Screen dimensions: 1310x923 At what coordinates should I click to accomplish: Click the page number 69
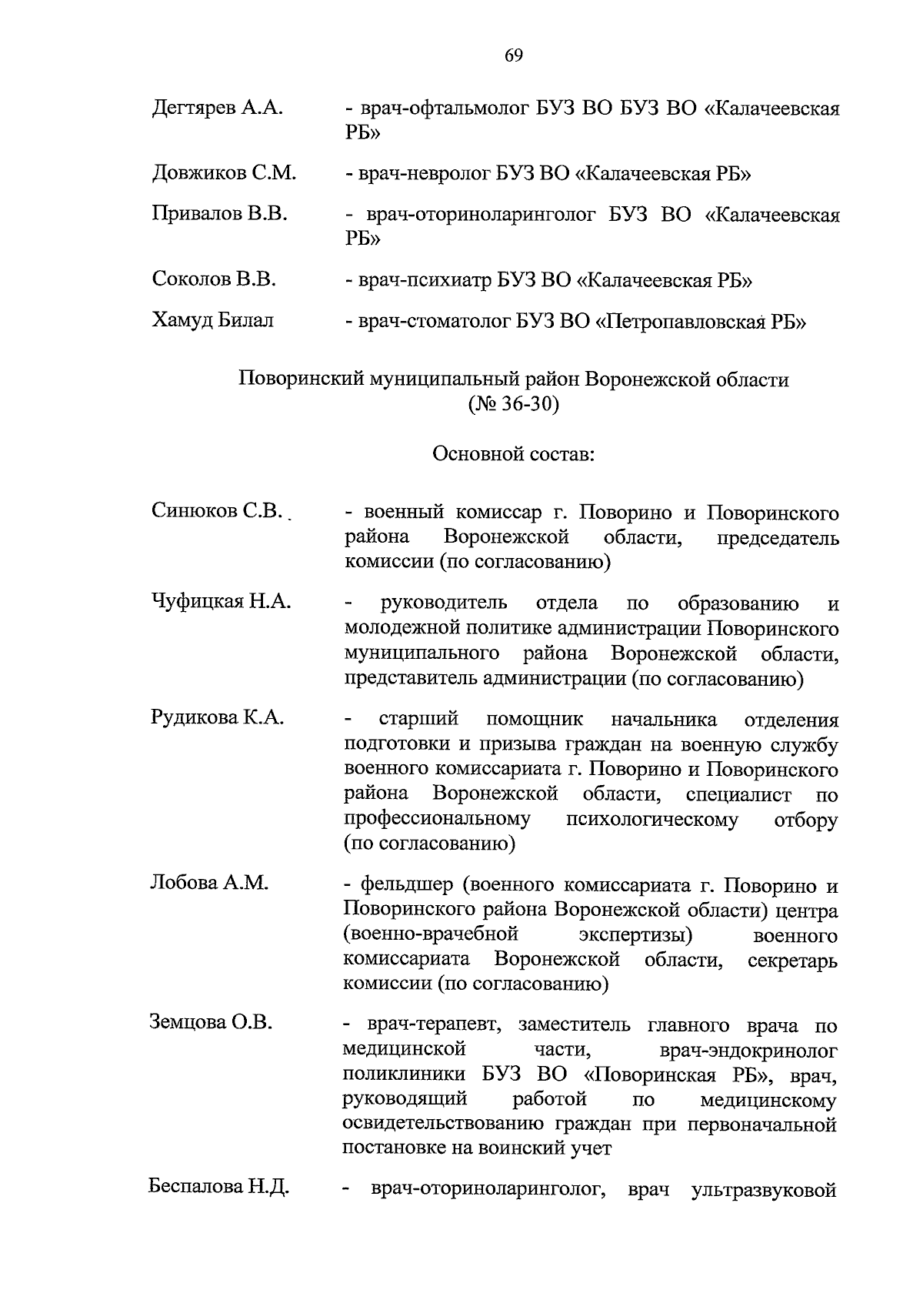[514, 55]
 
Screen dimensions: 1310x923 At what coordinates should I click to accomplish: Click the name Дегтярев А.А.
[218, 109]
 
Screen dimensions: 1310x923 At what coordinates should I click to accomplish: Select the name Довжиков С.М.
[224, 173]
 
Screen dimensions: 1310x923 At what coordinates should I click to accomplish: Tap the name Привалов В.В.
[219, 214]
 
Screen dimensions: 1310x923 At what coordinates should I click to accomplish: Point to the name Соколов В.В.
[214, 279]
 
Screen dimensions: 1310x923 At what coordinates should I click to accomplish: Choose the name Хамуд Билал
[212, 320]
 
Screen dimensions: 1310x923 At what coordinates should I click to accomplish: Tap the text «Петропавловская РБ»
[701, 321]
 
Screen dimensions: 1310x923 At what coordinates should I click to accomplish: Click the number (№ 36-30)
[513, 404]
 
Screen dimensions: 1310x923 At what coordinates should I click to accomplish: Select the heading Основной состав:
[513, 454]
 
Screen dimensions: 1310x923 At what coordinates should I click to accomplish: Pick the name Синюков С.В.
[218, 511]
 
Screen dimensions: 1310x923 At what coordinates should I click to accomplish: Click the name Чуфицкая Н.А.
[221, 602]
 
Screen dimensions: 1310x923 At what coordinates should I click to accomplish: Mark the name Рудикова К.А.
[218, 719]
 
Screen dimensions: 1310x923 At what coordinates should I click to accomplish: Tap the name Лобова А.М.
[209, 884]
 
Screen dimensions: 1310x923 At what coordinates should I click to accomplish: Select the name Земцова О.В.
[211, 1023]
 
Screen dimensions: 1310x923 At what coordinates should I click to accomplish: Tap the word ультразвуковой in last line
[764, 1191]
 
